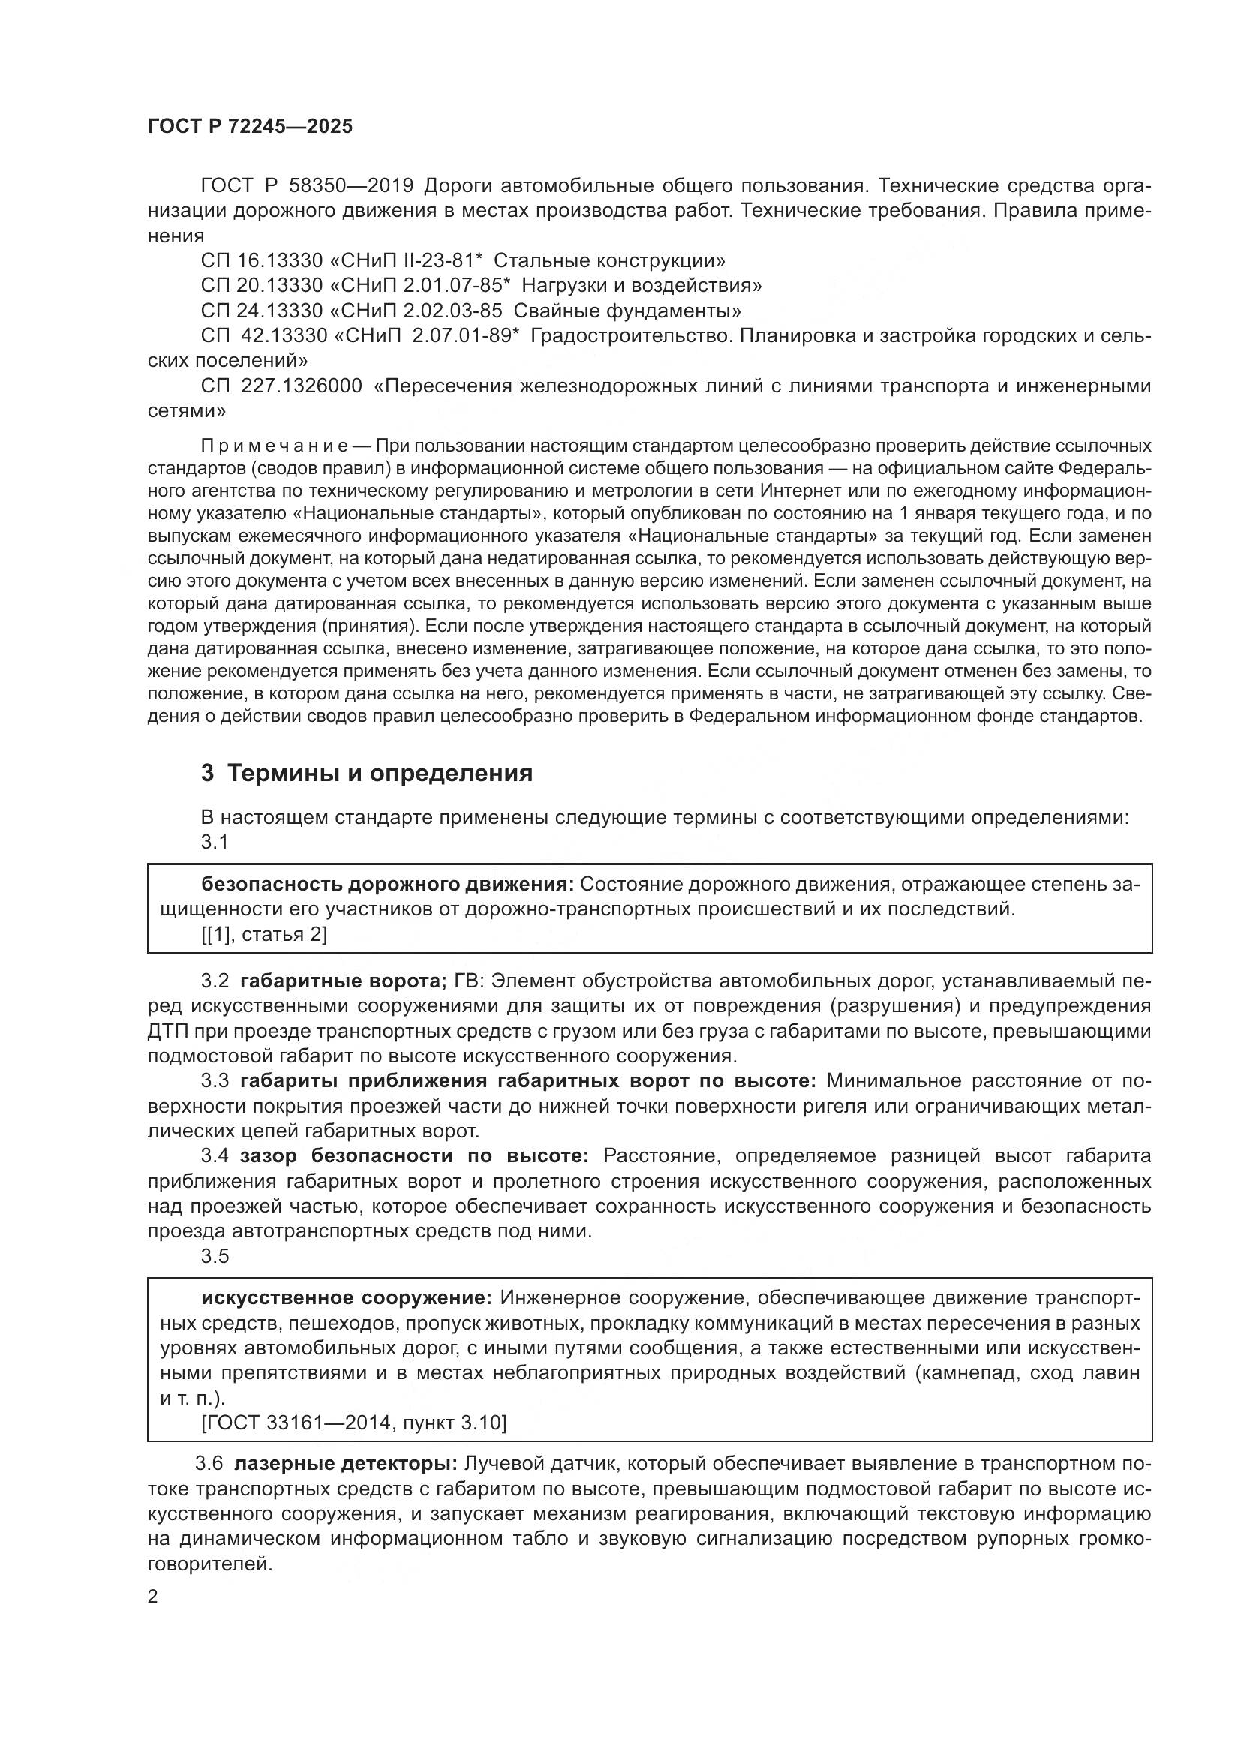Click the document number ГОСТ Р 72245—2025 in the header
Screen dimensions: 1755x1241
(250, 126)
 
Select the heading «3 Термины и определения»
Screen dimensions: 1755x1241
(367, 773)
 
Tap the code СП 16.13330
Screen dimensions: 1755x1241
(261, 260)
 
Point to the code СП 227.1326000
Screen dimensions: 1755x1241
(281, 386)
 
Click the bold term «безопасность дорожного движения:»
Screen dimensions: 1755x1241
(387, 885)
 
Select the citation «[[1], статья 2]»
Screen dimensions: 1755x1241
(263, 934)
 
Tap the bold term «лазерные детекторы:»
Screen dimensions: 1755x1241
(345, 1464)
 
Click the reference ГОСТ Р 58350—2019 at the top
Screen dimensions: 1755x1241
(306, 186)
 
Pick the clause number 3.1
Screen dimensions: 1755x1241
(215, 842)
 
